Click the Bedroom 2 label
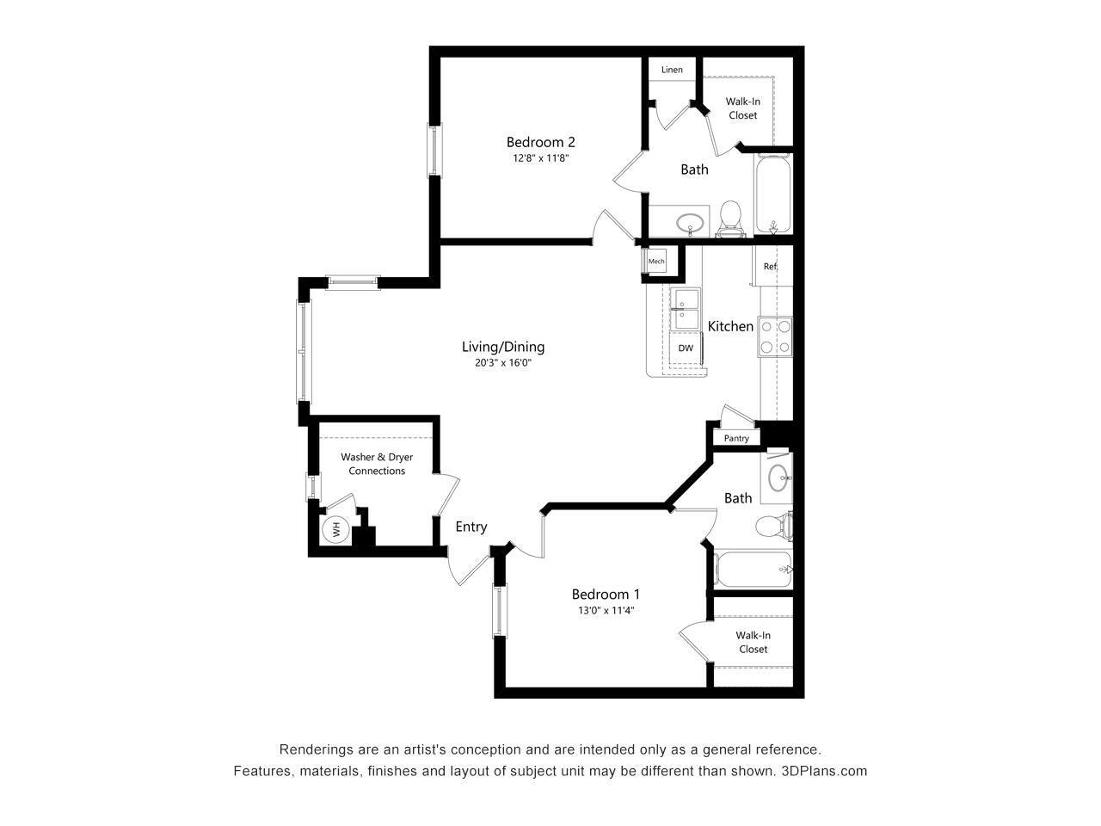coord(540,142)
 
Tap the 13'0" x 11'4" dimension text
coord(606,611)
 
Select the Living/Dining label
coord(503,347)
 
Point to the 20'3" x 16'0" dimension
coord(503,363)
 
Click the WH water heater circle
coord(335,529)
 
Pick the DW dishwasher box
coord(686,348)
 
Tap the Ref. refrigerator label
coord(770,267)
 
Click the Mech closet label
coord(656,262)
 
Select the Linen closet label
coord(672,70)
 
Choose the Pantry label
coord(736,439)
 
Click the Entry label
coord(471,527)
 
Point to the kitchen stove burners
coord(774,336)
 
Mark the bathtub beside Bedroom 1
coord(753,570)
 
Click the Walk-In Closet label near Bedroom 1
coord(753,642)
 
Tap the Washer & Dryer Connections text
coord(377,464)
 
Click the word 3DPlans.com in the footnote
coord(824,771)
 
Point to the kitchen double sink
coord(686,310)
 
